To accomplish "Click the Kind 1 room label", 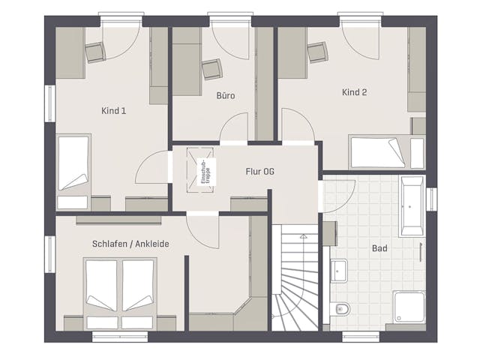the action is coord(113,111).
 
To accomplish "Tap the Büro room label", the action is coord(226,95).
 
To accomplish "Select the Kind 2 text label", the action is coord(354,92).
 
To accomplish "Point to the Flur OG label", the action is coord(260,172).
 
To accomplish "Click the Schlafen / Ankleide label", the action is coord(130,244).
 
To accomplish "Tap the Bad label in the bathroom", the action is coord(379,248).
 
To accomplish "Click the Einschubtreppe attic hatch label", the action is coord(205,172).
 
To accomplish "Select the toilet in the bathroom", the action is coord(340,309).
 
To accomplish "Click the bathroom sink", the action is coord(339,271).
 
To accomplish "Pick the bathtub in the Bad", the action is coord(412,206).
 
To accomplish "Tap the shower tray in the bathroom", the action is coord(409,307).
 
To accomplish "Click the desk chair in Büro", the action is coord(211,69).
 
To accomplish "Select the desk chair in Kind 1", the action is coord(95,52).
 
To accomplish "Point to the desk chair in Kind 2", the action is coord(317,52).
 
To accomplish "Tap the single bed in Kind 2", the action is coord(387,152).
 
